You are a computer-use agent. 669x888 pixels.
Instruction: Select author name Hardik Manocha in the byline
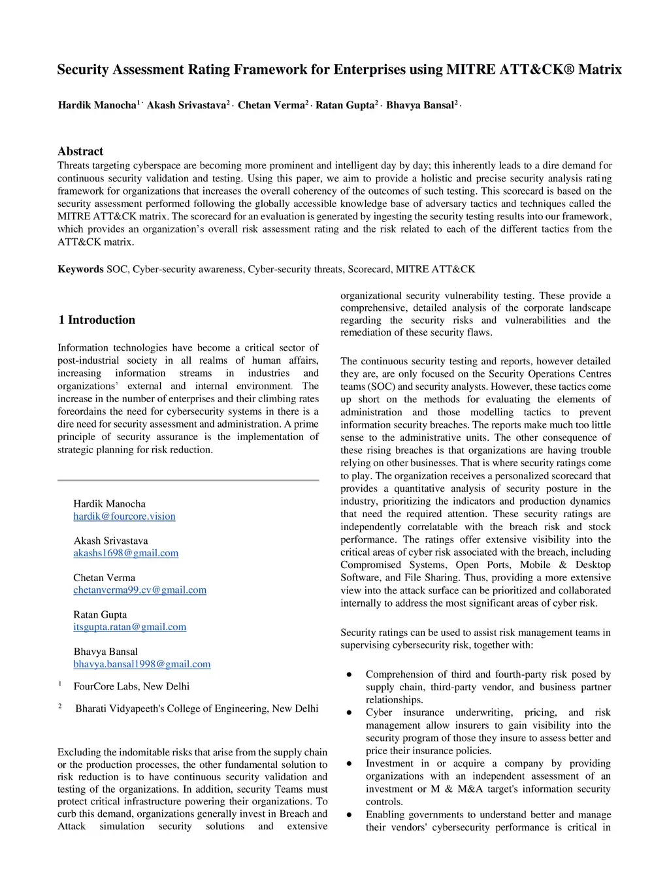pyautogui.click(x=97, y=105)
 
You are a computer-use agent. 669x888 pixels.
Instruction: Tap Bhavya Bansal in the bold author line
pyautogui.click(x=419, y=105)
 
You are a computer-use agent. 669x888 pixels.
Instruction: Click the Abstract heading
pyautogui.click(x=80, y=151)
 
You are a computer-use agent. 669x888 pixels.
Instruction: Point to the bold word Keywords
pyautogui.click(x=80, y=269)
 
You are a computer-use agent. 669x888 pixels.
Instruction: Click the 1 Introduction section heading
pyautogui.click(x=97, y=320)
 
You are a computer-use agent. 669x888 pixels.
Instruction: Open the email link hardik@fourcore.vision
pyautogui.click(x=124, y=516)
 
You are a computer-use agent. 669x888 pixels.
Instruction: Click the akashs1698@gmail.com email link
pyautogui.click(x=125, y=553)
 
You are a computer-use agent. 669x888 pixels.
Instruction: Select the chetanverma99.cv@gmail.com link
pyautogui.click(x=140, y=590)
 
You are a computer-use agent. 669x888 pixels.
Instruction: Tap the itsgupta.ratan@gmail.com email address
pyautogui.click(x=129, y=627)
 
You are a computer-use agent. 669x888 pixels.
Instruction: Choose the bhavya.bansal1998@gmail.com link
pyautogui.click(x=142, y=664)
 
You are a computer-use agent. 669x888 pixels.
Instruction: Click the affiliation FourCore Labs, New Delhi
pyautogui.click(x=131, y=686)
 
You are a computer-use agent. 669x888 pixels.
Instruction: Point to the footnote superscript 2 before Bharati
pyautogui.click(x=60, y=706)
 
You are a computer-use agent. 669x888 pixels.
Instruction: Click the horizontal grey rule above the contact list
pyautogui.click(x=188, y=480)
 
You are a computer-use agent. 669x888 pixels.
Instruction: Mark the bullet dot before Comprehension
pyautogui.click(x=350, y=674)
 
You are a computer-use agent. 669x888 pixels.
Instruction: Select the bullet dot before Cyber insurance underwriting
pyautogui.click(x=350, y=712)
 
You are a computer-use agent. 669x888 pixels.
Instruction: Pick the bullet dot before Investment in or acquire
pyautogui.click(x=350, y=763)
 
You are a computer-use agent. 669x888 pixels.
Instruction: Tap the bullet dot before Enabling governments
pyautogui.click(x=350, y=815)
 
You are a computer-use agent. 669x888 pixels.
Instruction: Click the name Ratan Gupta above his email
pyautogui.click(x=100, y=614)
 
